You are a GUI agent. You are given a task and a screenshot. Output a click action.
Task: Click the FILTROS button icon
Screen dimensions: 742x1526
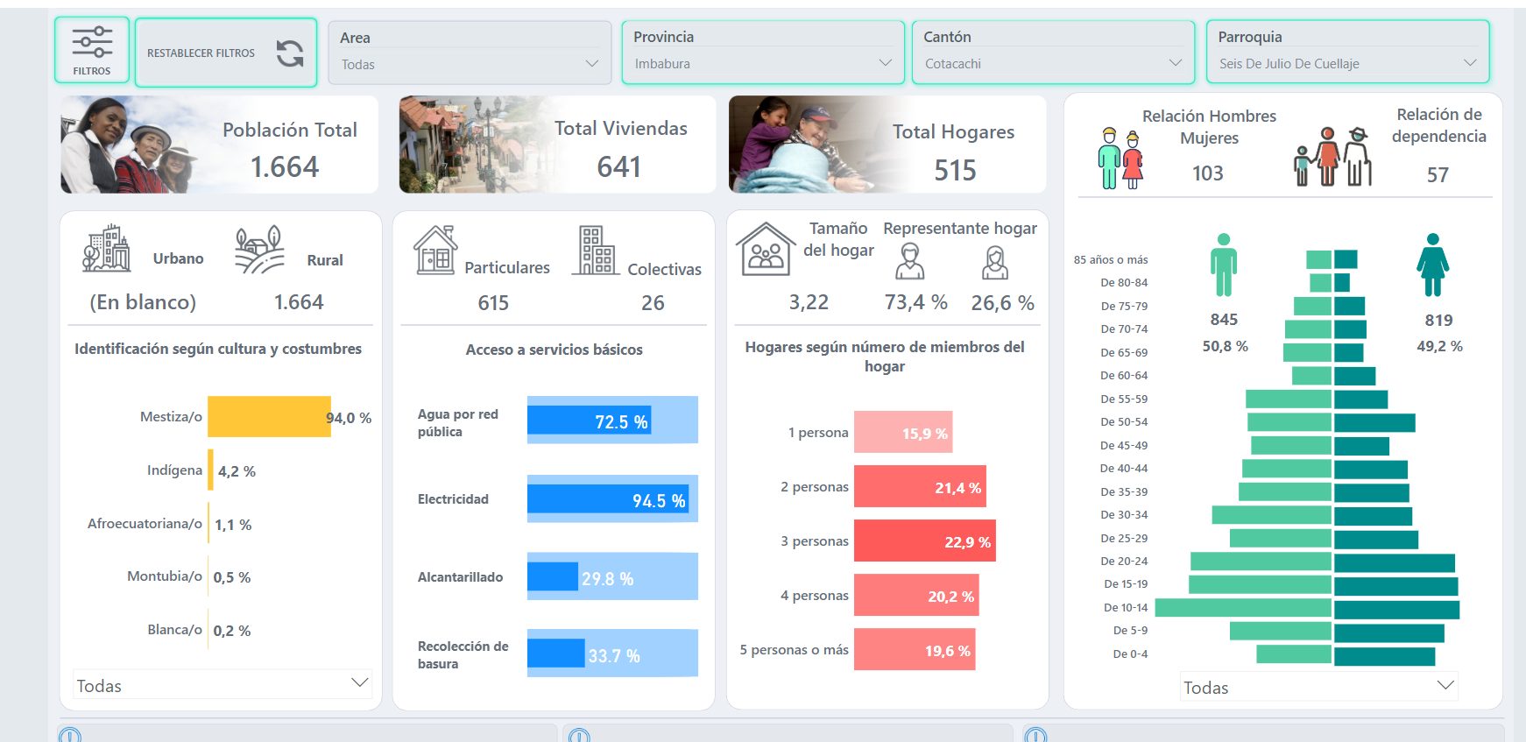92,43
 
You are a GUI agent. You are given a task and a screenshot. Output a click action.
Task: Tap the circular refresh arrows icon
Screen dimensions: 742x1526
290,53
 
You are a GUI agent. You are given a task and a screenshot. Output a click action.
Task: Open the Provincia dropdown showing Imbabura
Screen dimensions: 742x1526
762,63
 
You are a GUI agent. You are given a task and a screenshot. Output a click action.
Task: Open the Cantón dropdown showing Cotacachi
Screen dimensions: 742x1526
1052,63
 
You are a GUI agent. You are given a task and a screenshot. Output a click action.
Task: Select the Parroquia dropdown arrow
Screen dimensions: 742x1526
1469,63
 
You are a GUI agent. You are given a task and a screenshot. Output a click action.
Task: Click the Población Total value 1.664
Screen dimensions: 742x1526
285,166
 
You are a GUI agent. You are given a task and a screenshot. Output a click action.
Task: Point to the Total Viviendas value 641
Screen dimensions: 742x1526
618,166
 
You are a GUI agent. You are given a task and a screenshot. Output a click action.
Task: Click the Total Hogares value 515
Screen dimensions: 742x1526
954,170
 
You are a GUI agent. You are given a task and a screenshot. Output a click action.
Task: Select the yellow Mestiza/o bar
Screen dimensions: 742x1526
269,417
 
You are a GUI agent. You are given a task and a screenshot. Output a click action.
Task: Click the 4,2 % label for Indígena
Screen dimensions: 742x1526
237,471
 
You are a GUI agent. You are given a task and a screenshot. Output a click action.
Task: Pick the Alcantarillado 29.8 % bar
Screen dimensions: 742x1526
553,577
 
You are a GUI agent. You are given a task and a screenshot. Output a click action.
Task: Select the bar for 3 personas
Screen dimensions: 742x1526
924,541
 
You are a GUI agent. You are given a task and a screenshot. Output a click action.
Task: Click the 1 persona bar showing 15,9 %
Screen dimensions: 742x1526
902,432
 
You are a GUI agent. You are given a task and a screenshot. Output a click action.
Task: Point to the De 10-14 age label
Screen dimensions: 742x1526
1125,607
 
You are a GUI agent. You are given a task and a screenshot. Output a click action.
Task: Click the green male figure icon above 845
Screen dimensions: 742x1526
1223,265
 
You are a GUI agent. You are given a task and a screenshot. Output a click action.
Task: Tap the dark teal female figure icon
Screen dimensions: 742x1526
1432,265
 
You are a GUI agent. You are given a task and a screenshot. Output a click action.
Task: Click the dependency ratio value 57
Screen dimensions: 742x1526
1437,175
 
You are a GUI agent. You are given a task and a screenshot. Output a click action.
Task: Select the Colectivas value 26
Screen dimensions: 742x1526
653,303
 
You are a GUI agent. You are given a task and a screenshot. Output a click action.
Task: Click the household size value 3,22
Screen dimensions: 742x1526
809,302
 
